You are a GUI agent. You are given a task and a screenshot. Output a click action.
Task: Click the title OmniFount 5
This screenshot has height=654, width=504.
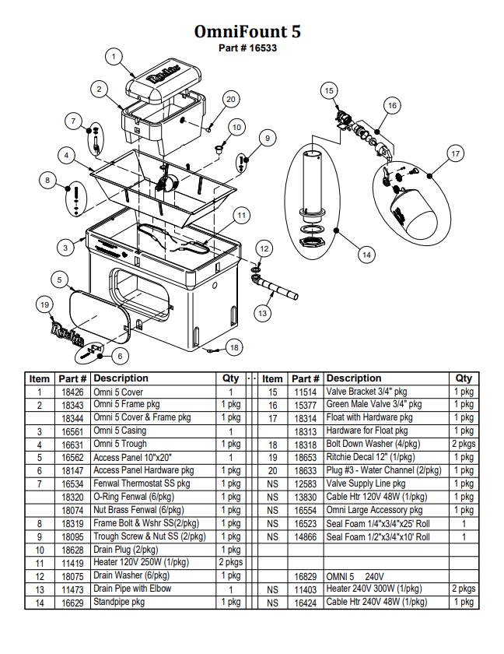pyautogui.click(x=247, y=31)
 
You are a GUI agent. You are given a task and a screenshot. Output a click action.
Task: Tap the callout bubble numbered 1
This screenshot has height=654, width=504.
pyautogui.click(x=114, y=56)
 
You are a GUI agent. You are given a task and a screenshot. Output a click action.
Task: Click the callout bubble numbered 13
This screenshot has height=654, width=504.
pyautogui.click(x=262, y=313)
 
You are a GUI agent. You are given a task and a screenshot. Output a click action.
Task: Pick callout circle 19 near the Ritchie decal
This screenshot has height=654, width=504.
pyautogui.click(x=44, y=304)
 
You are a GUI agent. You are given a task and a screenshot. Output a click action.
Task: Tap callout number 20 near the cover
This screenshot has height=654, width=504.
pyautogui.click(x=230, y=99)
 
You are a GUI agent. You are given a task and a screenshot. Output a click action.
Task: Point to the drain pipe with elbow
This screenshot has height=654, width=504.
pyautogui.click(x=276, y=289)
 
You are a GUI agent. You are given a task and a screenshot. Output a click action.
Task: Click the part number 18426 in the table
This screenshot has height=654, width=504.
pyautogui.click(x=73, y=392)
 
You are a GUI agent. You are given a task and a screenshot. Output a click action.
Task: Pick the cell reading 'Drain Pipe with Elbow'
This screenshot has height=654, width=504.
pyautogui.click(x=132, y=589)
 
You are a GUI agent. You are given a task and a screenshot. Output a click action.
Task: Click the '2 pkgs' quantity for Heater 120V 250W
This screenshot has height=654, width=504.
pyautogui.click(x=230, y=562)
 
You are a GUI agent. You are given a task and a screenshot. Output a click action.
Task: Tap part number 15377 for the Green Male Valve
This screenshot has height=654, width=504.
pyautogui.click(x=305, y=405)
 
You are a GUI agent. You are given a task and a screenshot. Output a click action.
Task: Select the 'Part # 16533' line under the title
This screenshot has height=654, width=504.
pyautogui.click(x=247, y=47)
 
